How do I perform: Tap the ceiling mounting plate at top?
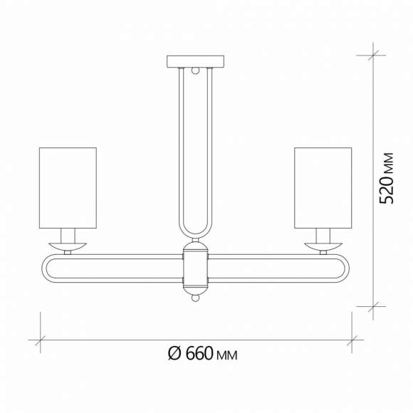tap(195, 61)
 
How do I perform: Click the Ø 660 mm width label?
tap(202, 354)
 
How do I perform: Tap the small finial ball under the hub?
tap(195, 300)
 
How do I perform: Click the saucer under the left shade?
tap(67, 246)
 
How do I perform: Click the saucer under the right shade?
tap(323, 246)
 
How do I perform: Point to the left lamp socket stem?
tap(68, 235)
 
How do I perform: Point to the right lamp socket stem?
tap(323, 235)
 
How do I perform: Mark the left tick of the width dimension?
tap(40, 339)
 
